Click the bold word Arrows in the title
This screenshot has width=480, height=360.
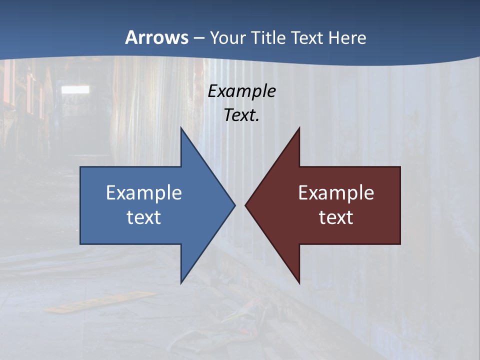pyautogui.click(x=156, y=37)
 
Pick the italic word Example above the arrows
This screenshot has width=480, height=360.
pyautogui.click(x=242, y=91)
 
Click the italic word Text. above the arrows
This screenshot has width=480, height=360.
pyautogui.click(x=242, y=115)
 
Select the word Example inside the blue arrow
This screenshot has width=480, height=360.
pyautogui.click(x=144, y=193)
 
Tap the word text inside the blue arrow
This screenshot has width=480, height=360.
pyautogui.click(x=144, y=217)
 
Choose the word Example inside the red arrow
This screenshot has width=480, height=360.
pyautogui.click(x=336, y=193)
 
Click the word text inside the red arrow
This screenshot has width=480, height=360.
pyautogui.click(x=336, y=217)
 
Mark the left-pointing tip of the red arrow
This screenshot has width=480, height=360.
pyautogui.click(x=246, y=205)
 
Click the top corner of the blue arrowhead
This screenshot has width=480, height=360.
pyautogui.click(x=181, y=128)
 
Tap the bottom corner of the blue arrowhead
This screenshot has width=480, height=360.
pyautogui.click(x=181, y=282)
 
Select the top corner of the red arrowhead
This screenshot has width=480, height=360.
pyautogui.click(x=299, y=128)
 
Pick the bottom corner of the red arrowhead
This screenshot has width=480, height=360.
pyautogui.click(x=299, y=282)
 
